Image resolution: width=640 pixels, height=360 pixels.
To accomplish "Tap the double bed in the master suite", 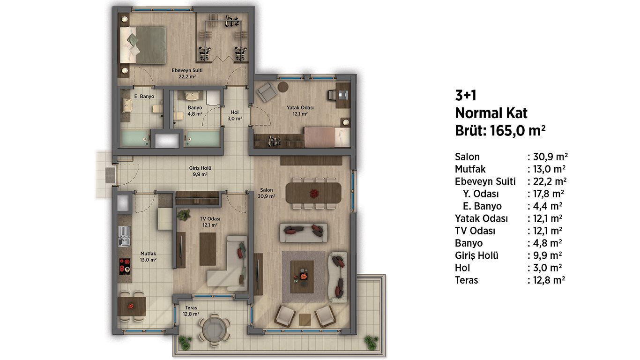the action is [143, 45].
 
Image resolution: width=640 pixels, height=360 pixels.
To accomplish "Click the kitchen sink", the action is [124, 236].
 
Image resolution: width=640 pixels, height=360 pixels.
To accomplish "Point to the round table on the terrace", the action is [214, 330].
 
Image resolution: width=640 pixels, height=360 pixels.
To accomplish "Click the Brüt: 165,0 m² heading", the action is [500, 131].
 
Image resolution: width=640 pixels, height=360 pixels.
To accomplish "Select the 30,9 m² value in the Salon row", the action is [551, 157].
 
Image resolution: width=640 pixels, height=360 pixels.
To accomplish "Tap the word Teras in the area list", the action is [466, 280].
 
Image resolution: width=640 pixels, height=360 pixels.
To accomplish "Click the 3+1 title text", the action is [466, 95].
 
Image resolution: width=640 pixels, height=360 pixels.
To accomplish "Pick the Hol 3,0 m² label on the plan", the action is [235, 115].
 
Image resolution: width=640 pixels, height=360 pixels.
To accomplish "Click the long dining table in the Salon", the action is [313, 193].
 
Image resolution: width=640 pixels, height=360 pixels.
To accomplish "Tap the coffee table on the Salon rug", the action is [302, 277].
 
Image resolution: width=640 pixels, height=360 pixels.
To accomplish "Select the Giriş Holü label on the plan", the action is [200, 171].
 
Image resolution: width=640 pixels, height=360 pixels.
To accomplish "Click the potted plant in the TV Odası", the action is [184, 215].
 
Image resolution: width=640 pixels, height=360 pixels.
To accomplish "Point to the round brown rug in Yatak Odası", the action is [283, 87].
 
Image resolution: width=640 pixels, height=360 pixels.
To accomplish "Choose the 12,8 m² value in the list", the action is [549, 280].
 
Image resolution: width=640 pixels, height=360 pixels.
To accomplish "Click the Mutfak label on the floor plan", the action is [148, 256].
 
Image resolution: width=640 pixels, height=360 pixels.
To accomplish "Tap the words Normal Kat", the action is [491, 113].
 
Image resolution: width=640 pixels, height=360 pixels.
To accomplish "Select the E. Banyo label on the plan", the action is [144, 97].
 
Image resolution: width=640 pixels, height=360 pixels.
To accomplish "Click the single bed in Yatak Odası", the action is [327, 137].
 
